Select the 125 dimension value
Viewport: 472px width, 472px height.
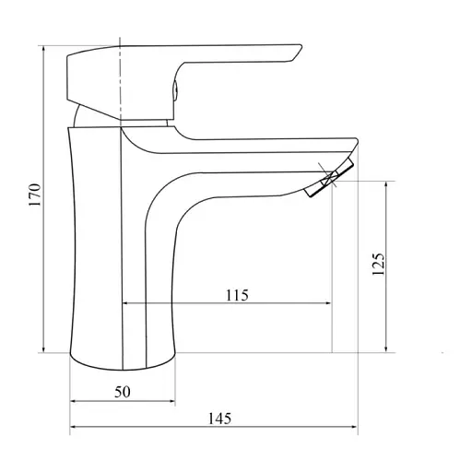point(377,264)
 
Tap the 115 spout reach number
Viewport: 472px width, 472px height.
point(236,295)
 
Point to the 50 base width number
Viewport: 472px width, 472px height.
point(123,392)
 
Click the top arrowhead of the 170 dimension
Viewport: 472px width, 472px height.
point(43,46)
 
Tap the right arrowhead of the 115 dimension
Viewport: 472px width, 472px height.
point(327,304)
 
